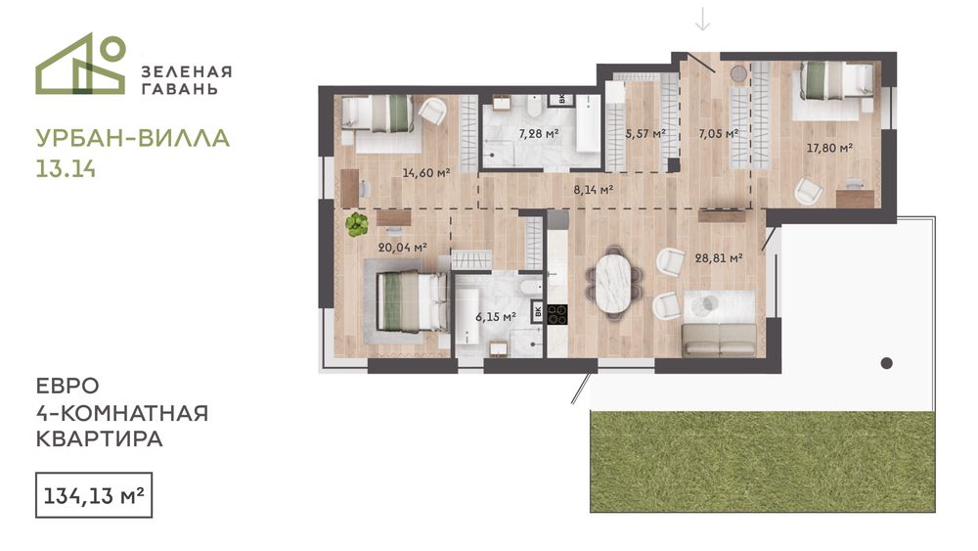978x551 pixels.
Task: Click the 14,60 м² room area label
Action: [426, 173]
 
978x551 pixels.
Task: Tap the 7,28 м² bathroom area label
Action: [538, 133]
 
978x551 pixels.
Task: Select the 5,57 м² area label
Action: [645, 133]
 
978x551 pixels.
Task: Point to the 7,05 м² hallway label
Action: [719, 133]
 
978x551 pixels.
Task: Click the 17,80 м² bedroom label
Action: [829, 148]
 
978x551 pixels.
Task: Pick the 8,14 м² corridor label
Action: [594, 189]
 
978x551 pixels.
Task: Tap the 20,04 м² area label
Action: [402, 247]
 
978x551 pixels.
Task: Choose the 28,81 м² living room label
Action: [719, 257]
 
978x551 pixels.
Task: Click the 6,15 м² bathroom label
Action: [496, 316]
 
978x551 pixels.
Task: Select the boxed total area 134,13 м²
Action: [94, 495]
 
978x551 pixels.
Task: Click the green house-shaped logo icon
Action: [80, 64]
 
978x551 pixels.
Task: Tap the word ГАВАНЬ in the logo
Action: [180, 89]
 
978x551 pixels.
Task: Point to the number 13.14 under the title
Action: [67, 169]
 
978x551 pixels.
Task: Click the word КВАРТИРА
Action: [99, 438]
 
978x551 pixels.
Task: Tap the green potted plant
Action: [357, 225]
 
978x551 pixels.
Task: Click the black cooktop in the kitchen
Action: [557, 314]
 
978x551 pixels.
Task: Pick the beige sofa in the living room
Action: [719, 339]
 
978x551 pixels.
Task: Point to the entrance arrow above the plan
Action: [703, 19]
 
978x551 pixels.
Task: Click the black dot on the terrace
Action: [886, 363]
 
